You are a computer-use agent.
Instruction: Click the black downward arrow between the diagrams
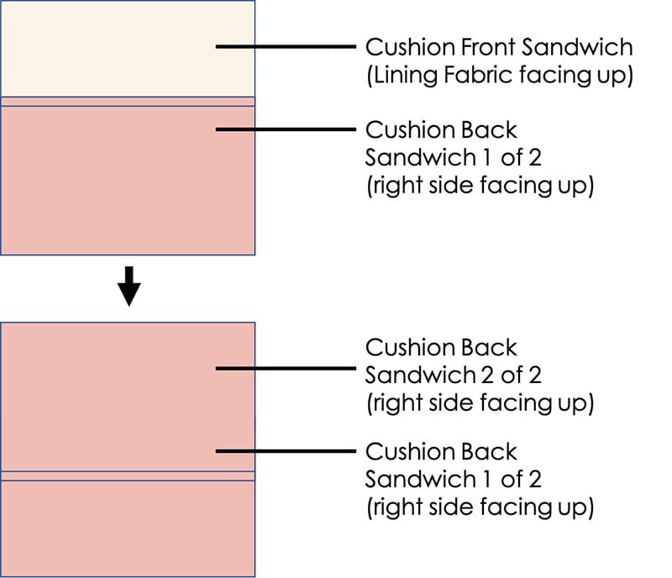[x=129, y=288]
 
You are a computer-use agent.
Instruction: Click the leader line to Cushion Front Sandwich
[x=286, y=46]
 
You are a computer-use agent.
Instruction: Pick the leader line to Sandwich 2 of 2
[x=286, y=368]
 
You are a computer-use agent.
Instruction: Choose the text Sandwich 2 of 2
[x=453, y=375]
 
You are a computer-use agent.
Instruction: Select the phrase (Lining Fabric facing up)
[x=499, y=75]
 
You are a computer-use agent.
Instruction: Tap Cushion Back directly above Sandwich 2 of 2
[x=441, y=347]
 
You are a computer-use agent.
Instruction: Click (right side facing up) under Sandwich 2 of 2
[x=480, y=403]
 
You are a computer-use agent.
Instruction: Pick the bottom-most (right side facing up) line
[x=480, y=508]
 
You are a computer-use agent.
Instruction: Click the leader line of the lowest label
[x=286, y=451]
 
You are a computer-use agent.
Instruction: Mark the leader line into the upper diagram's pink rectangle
[x=286, y=129]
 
